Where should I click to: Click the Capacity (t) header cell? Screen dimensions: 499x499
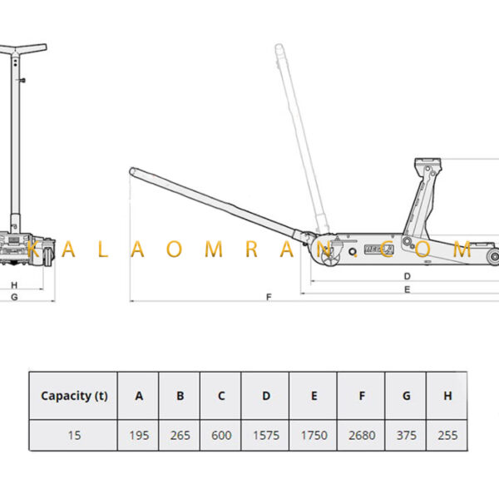click(x=74, y=396)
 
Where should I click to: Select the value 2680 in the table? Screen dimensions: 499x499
click(x=362, y=435)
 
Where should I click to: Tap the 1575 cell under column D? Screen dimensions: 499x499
click(x=266, y=435)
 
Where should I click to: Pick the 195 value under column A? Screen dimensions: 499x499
click(x=139, y=435)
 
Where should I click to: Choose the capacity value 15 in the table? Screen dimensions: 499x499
click(x=74, y=435)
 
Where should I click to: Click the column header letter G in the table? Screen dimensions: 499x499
click(x=407, y=396)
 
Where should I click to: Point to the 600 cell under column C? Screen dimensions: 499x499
click(x=221, y=435)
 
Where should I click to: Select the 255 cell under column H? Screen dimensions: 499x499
click(x=447, y=435)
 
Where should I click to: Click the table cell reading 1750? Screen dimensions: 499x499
click(x=314, y=435)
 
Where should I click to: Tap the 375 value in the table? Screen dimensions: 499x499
click(x=407, y=435)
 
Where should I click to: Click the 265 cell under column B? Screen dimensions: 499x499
click(x=180, y=435)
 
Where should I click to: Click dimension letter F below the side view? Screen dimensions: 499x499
click(x=269, y=297)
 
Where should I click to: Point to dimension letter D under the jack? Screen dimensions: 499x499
click(x=407, y=276)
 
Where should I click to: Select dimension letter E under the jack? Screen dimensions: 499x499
click(x=407, y=289)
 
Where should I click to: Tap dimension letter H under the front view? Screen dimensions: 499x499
click(x=14, y=285)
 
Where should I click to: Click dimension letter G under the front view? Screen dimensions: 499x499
click(x=14, y=297)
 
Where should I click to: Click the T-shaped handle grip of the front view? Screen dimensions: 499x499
click(x=23, y=49)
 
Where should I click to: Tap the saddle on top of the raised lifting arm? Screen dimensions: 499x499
click(x=427, y=162)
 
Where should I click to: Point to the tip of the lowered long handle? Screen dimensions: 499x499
click(x=132, y=171)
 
